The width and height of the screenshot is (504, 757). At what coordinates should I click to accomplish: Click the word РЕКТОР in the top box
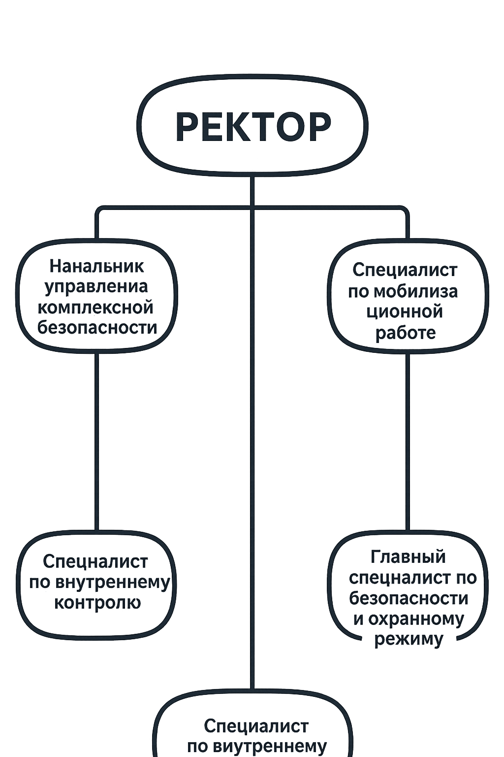[253, 127]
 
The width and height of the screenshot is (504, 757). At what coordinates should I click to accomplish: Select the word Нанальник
[97, 266]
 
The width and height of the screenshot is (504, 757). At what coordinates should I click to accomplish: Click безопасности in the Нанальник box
[97, 327]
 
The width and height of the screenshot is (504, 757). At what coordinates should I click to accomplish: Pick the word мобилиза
[403, 291]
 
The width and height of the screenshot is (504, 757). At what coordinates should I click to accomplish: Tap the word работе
[406, 333]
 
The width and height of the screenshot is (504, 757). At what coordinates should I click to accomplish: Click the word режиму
[408, 639]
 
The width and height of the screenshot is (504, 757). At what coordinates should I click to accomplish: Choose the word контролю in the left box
[97, 603]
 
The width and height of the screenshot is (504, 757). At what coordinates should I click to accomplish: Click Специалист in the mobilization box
[405, 271]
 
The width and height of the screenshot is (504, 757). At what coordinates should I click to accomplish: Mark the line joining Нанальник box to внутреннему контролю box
[97, 442]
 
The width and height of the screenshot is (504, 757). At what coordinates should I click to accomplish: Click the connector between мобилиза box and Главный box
[408, 442]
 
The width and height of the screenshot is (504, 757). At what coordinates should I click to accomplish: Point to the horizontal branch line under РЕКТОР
[252, 207]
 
